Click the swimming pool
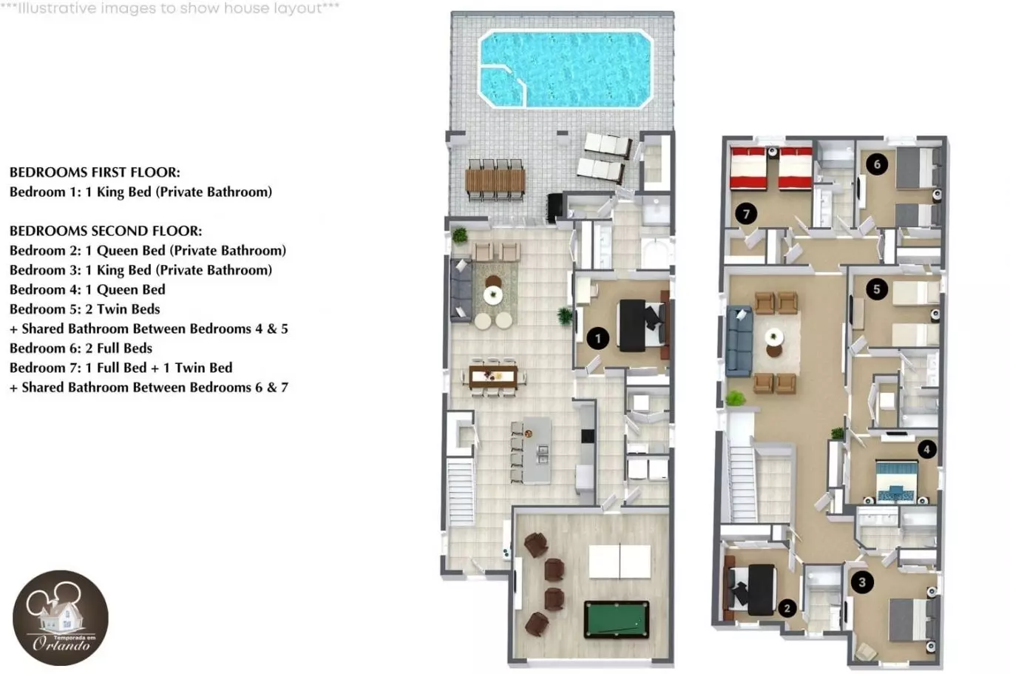566,69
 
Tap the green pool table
617,619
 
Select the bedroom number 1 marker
598,338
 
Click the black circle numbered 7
746,213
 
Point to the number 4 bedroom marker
926,449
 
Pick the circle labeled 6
877,164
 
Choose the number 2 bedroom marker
787,608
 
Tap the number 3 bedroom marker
862,582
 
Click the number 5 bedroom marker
876,289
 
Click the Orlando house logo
61,618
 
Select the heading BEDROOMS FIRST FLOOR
95,172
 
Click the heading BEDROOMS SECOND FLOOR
106,231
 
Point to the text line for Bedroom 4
87,289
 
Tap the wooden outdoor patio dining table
495,180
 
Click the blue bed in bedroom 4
896,481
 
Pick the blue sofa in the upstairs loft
739,342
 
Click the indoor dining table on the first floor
493,377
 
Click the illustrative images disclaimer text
170,8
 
